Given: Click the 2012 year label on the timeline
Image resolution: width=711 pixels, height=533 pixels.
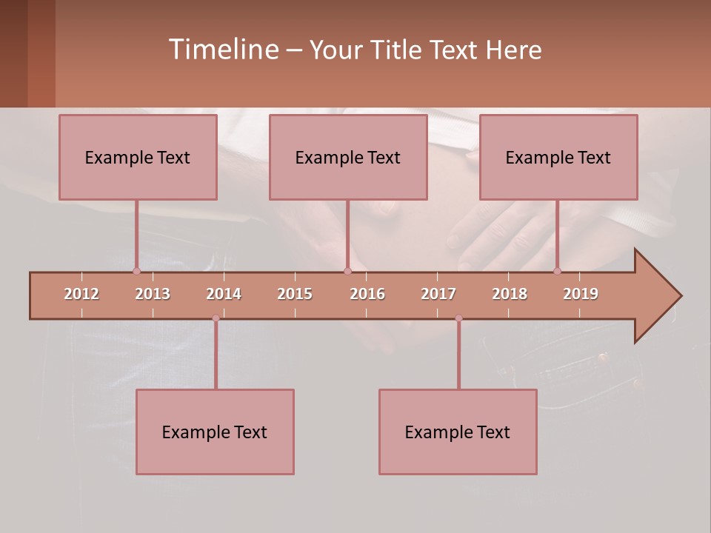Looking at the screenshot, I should point(81,294).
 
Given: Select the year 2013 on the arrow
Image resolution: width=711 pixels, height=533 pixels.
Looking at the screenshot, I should point(153,294).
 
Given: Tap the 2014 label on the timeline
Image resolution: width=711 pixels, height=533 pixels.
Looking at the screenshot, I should point(224,294).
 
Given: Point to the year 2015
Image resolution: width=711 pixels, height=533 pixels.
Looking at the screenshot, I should point(295,294).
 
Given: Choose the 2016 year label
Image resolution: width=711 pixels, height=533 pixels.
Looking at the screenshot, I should point(367,294).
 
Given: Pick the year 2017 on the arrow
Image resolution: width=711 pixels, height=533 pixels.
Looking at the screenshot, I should point(438,294).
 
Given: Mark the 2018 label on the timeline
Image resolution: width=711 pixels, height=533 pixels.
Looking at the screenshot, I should point(510,294).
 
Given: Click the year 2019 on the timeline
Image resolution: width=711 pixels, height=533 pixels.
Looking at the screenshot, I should point(581,294).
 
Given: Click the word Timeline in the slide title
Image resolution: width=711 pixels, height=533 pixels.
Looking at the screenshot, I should point(223,50).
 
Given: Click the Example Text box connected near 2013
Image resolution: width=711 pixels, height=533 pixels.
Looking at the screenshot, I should point(138,157).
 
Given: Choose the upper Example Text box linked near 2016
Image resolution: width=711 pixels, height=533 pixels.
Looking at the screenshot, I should point(348,157).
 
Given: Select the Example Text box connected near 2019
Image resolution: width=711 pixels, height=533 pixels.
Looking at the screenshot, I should point(558,157).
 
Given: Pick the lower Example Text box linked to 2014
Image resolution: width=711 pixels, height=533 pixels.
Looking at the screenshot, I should point(215,432).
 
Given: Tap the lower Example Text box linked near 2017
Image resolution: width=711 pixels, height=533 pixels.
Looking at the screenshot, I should point(458,432).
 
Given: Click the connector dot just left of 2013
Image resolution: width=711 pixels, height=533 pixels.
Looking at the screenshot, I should point(136,271).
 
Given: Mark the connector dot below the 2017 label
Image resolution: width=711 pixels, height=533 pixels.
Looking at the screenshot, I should point(458,318).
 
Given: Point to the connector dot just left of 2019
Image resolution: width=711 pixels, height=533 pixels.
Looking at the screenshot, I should point(558,271).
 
